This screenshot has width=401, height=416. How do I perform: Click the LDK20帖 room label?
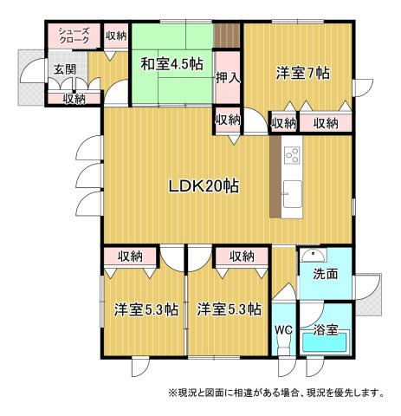click(204, 186)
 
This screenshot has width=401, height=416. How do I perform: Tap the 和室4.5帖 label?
click(171, 64)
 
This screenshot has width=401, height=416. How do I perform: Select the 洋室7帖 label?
click(302, 73)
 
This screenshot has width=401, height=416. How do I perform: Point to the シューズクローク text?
click(74, 35)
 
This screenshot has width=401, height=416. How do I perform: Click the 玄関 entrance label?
click(65, 69)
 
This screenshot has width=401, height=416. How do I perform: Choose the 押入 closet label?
click(228, 77)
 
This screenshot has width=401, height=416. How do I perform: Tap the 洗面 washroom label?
click(326, 274)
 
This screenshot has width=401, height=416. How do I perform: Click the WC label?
click(284, 329)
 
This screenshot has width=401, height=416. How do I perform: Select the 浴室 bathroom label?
click(326, 329)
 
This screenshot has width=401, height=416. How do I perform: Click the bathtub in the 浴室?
click(325, 342)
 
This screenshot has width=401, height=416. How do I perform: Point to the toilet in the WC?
click(283, 346)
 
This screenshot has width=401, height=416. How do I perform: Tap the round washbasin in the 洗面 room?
click(314, 255)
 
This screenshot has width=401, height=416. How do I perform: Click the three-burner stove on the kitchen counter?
click(292, 155)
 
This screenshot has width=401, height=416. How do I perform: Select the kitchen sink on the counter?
click(292, 194)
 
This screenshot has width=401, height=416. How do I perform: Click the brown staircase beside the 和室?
click(227, 35)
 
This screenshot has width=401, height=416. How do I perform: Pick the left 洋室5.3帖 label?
click(146, 309)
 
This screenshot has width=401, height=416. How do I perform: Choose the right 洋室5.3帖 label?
click(230, 309)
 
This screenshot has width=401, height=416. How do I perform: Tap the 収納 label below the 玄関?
click(74, 99)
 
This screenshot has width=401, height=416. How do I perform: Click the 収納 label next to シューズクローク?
click(116, 36)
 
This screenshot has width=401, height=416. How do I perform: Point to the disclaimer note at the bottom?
click(277, 393)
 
